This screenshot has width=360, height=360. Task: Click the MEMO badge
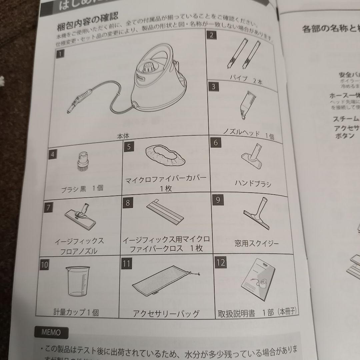pyautogui.click(x=51, y=332)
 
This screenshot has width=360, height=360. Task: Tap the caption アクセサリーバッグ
pyautogui.click(x=166, y=313)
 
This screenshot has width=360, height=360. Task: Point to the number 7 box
pyautogui.click(x=49, y=207)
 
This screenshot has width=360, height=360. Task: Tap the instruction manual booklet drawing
pyautogui.click(x=259, y=276)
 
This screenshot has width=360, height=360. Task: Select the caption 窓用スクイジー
pyautogui.click(x=257, y=243)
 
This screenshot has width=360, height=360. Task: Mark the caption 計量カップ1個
pyautogui.click(x=76, y=312)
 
